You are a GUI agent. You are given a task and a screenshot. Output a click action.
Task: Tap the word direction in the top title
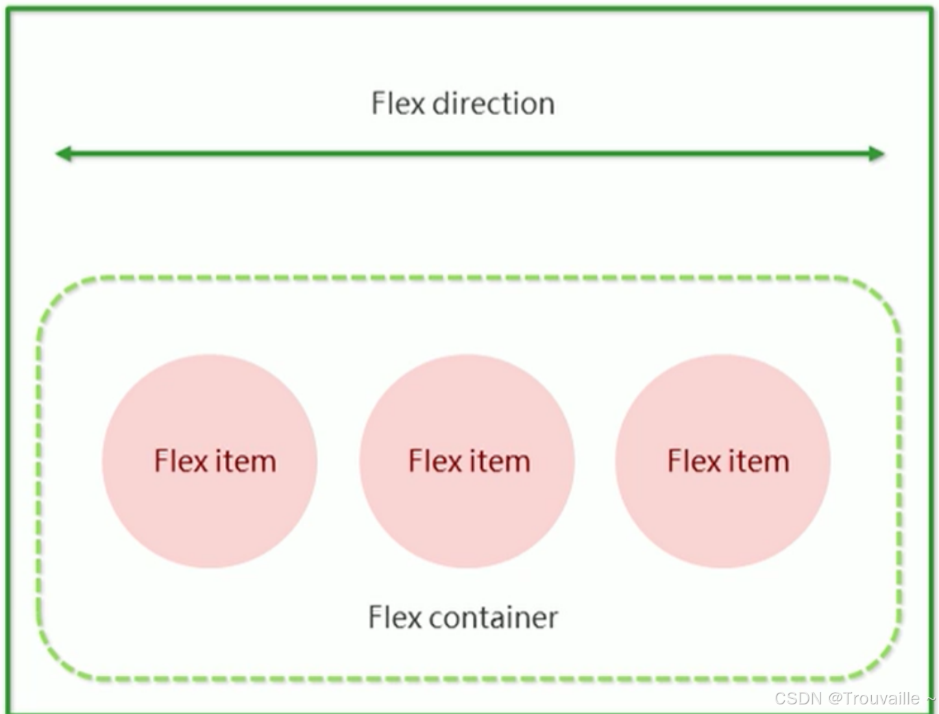coord(493,103)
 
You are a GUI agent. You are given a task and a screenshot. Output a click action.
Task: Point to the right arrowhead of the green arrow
coord(877,153)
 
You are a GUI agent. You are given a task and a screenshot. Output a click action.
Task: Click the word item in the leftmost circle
coord(245,461)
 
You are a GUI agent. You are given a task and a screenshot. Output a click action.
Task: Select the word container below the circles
coord(493,617)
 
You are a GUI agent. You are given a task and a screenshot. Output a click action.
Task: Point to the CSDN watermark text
coord(798,698)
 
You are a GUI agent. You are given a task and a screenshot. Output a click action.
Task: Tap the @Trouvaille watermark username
coord(874,698)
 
